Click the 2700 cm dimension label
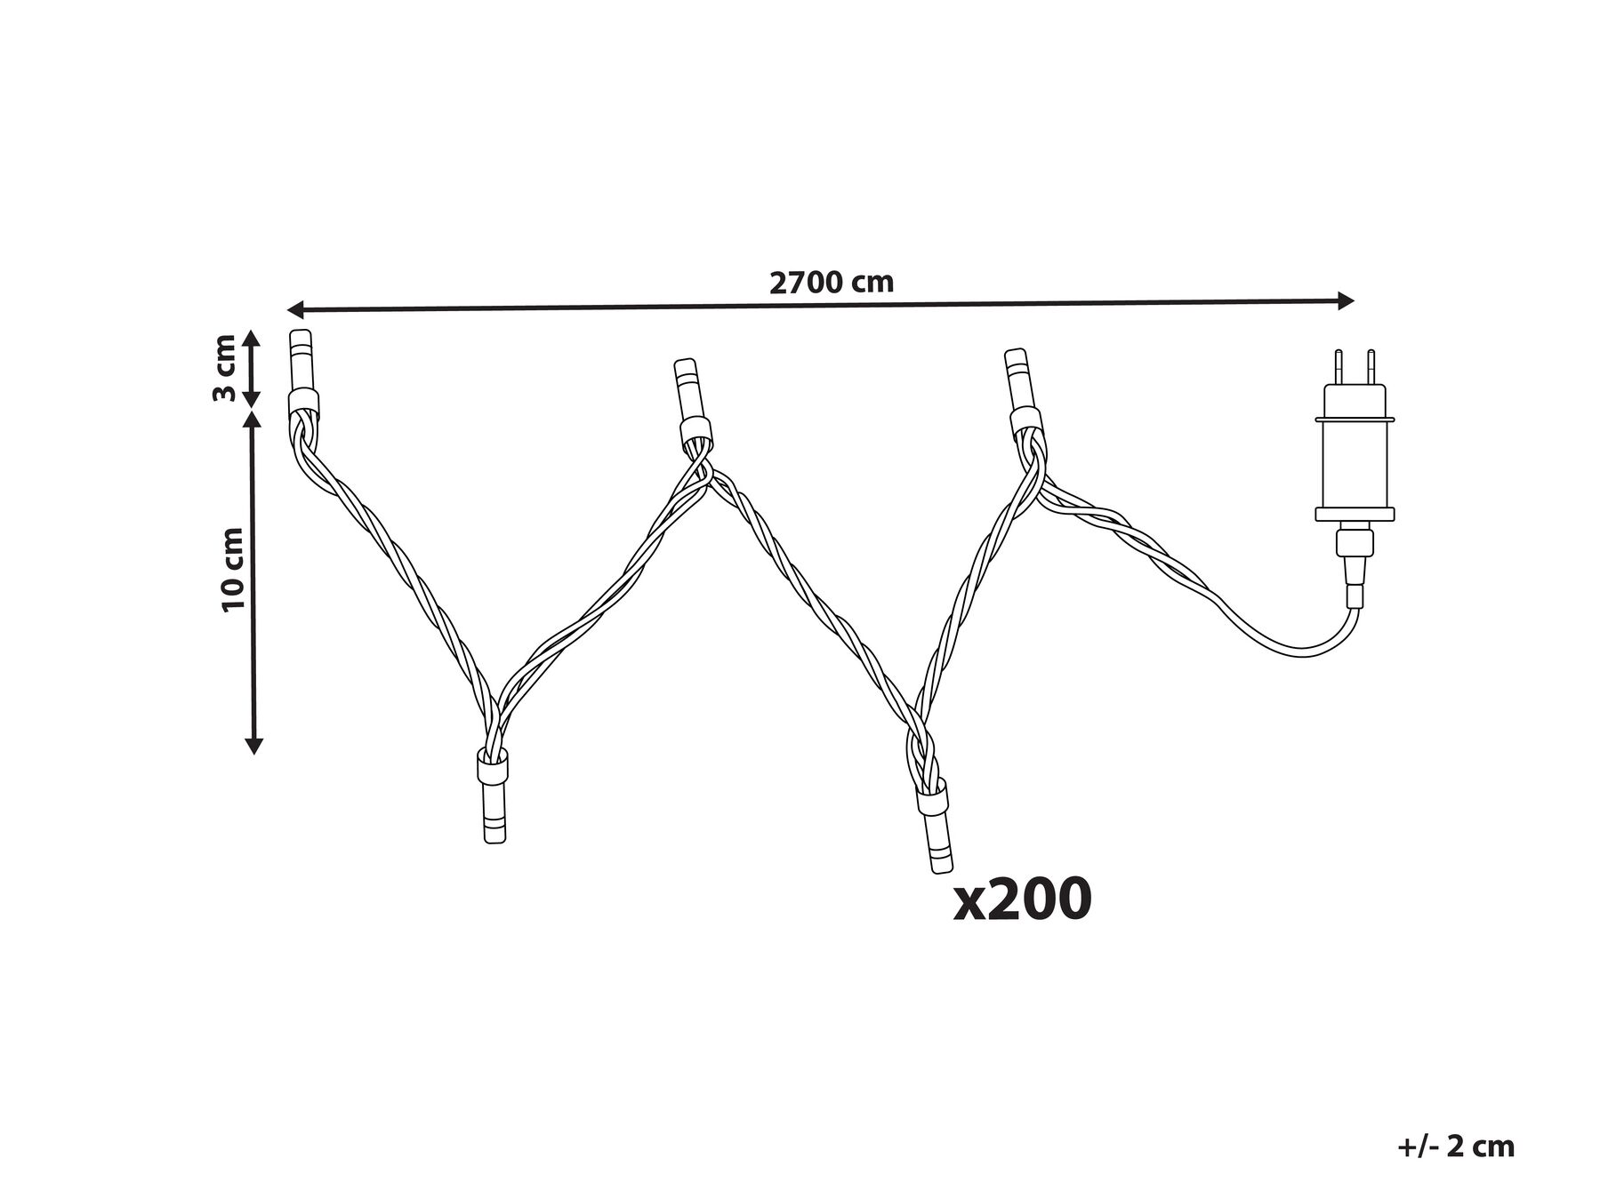(831, 282)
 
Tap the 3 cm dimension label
(224, 368)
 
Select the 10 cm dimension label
(233, 569)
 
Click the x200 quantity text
(1022, 899)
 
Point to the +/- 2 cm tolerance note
(1455, 1147)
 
